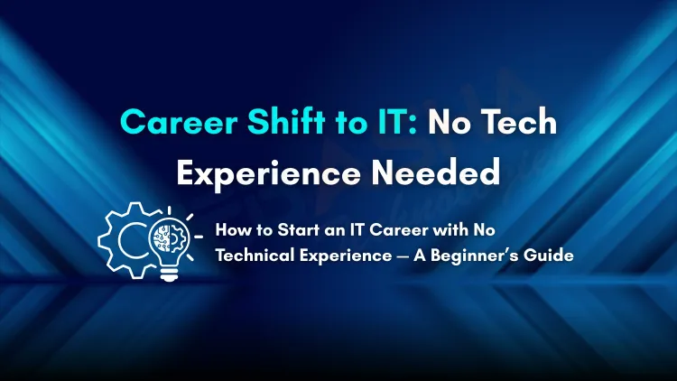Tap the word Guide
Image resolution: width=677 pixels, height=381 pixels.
click(552, 256)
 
